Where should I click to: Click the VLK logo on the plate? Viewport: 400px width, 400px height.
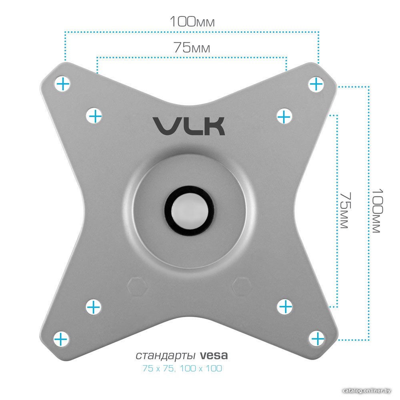[x=189, y=126]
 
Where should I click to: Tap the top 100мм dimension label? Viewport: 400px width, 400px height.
[x=192, y=22]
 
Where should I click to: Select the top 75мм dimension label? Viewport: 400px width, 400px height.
[x=192, y=47]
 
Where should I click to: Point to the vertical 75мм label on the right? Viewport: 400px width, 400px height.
[x=346, y=210]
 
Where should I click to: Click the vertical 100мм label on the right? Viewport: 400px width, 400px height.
[x=377, y=211]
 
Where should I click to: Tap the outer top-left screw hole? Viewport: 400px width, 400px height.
[x=62, y=84]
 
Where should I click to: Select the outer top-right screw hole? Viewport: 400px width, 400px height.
[x=316, y=84]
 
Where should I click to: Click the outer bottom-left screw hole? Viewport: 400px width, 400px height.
[x=61, y=339]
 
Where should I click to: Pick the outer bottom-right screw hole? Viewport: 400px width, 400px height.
[x=317, y=339]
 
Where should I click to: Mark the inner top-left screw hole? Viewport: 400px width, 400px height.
[x=94, y=116]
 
